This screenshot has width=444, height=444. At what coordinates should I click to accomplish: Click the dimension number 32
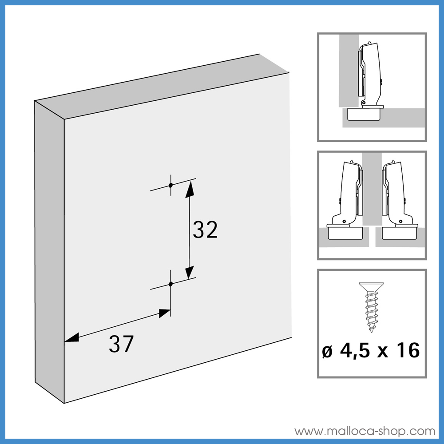tap(205, 230)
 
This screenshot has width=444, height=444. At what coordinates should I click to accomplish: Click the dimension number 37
tap(121, 344)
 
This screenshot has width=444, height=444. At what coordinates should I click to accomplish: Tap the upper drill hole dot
tap(170, 185)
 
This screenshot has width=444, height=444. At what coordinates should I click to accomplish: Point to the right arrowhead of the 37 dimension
tap(164, 313)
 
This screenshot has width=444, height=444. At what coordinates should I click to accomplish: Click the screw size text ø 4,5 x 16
tap(371, 351)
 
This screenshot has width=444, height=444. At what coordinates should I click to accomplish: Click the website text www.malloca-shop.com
tap(365, 431)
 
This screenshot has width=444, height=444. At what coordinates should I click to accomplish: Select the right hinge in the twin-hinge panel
tap(397, 200)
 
